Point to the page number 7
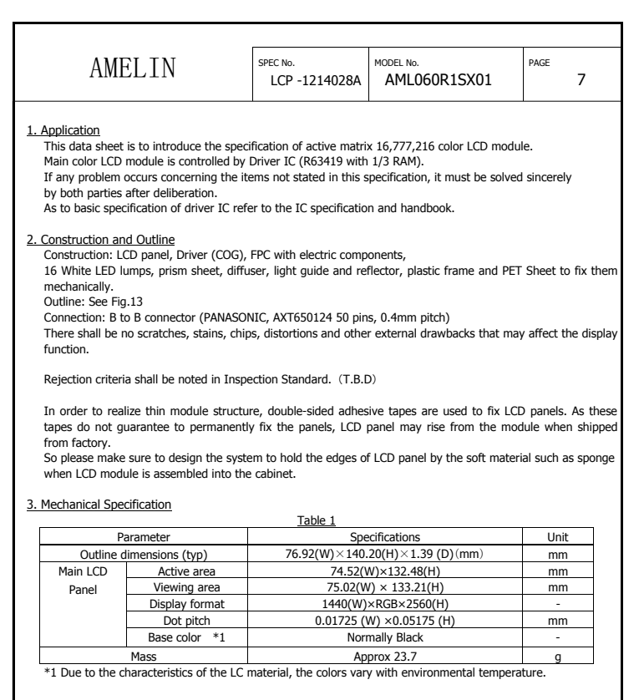click(x=581, y=80)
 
